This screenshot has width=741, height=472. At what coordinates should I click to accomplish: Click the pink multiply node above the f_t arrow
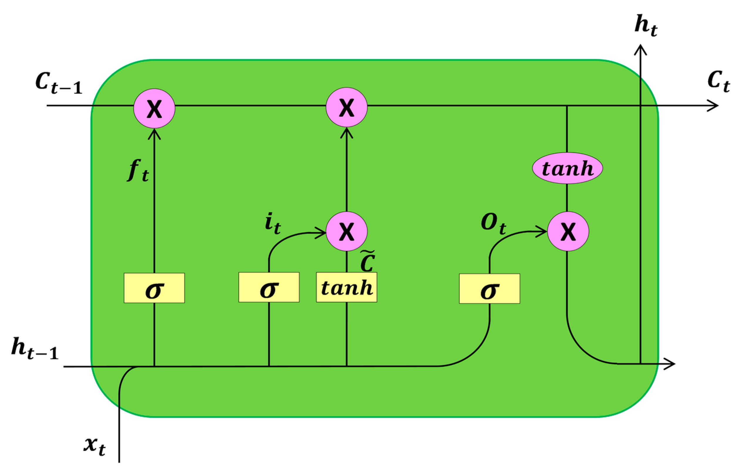click(154, 108)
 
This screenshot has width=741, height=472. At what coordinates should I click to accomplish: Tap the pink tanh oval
click(567, 168)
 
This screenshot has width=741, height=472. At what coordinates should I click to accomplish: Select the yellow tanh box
click(347, 287)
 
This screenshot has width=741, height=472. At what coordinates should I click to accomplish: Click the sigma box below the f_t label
click(154, 288)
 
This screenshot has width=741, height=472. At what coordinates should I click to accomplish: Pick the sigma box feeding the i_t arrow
click(269, 287)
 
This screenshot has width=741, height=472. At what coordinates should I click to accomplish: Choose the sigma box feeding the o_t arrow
click(490, 289)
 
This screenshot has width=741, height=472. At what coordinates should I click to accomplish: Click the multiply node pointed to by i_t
click(347, 232)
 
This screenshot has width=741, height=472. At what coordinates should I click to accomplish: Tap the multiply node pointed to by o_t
click(568, 232)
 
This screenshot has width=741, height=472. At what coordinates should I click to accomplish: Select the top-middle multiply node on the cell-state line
click(347, 108)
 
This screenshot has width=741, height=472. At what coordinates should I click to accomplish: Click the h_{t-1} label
click(34, 349)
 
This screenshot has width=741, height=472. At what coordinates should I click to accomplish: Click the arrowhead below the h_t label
click(640, 50)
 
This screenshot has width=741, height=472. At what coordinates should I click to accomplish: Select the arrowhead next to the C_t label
click(713, 106)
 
